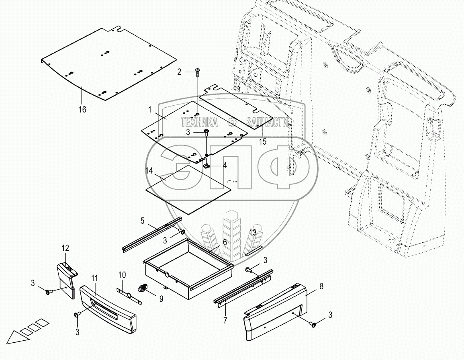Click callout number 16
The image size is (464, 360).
pyautogui.click(x=82, y=109)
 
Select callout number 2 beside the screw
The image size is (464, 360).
pyautogui.click(x=180, y=72)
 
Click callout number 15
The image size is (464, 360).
pyautogui.click(x=262, y=141)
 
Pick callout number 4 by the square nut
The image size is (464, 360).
pyautogui.click(x=225, y=165)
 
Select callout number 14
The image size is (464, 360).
pyautogui.click(x=149, y=170)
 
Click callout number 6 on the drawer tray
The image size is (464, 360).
pyautogui.click(x=225, y=242)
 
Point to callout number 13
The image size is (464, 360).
pyautogui.click(x=252, y=232)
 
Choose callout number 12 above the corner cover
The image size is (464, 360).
pyautogui.click(x=65, y=248)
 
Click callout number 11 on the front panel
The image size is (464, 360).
pyautogui.click(x=95, y=278)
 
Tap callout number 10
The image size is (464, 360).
pyautogui.click(x=122, y=275)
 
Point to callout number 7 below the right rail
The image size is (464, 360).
pyautogui.click(x=225, y=320)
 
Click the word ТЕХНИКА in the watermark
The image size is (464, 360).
pyautogui.click(x=199, y=122)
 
